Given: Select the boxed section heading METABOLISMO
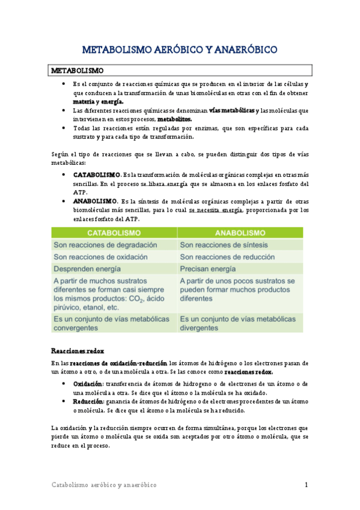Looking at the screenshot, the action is click(78, 70).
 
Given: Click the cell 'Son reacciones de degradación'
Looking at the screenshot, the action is click(105, 245).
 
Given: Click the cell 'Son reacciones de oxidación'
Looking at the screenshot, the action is click(102, 257).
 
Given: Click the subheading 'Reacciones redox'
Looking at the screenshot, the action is click(77, 350).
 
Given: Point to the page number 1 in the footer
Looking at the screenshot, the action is click(306, 485).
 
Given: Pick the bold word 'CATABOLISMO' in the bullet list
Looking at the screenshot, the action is click(96, 174).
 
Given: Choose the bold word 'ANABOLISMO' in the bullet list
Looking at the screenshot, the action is click(95, 201).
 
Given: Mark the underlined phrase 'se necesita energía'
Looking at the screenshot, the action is click(215, 210).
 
